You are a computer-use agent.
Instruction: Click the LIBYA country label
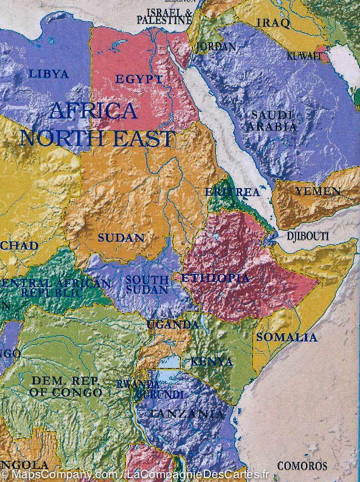[x=49, y=74]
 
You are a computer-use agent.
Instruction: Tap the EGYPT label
[x=139, y=79]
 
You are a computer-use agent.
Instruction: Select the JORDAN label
[x=216, y=47]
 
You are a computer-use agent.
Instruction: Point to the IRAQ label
[x=273, y=23]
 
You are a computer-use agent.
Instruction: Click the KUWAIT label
[x=304, y=56]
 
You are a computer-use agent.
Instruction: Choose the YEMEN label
[x=318, y=191]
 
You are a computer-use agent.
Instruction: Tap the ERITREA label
[x=232, y=192]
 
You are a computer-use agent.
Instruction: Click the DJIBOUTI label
[x=307, y=236]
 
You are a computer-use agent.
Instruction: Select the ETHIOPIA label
[x=215, y=278]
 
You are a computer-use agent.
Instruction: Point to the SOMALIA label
[x=286, y=337]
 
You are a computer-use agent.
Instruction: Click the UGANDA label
[x=172, y=325]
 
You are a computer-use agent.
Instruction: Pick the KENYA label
[x=212, y=361]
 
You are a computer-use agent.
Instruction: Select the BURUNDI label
[x=160, y=395]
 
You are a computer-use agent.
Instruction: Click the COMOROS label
[x=302, y=466]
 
